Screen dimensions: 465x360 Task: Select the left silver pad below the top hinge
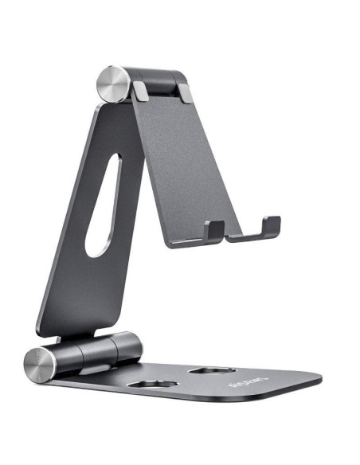(140, 91)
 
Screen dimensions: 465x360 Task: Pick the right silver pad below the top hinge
(185, 93)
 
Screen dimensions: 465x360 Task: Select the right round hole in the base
(213, 371)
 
